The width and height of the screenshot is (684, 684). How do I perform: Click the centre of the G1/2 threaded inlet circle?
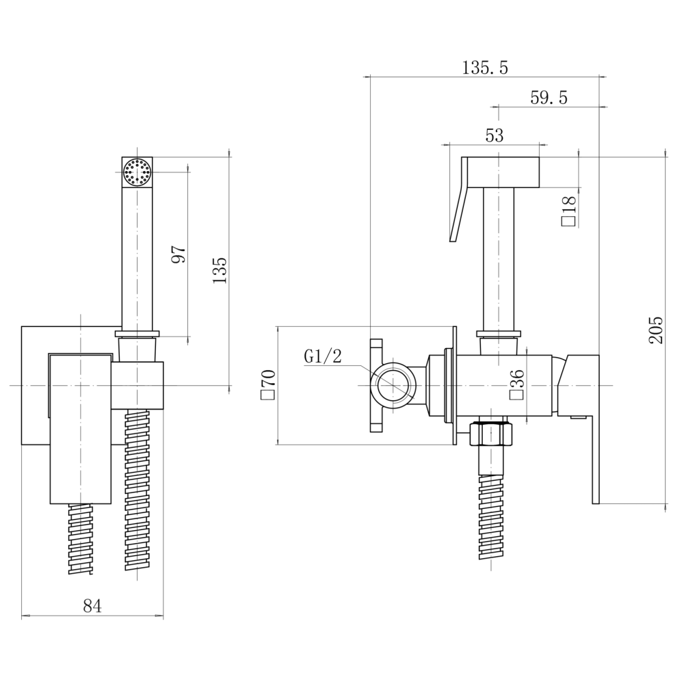(393, 386)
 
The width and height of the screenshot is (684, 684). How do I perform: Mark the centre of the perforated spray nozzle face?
(137, 172)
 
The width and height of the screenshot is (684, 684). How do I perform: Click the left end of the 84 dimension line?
(22, 616)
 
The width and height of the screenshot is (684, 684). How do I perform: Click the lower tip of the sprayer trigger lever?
(453, 240)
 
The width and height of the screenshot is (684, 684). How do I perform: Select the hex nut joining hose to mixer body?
(492, 434)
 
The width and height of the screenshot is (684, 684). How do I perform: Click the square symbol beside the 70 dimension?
(267, 395)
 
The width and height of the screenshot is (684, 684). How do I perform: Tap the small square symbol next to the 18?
(569, 221)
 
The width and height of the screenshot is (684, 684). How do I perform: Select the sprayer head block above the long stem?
(503, 172)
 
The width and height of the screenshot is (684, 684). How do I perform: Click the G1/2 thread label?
(324, 356)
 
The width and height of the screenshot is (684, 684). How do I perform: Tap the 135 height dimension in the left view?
(220, 271)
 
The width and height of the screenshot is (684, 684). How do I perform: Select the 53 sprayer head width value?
(495, 135)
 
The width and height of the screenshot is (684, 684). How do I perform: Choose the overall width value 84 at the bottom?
(92, 606)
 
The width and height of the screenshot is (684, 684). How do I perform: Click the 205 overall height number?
(656, 330)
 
